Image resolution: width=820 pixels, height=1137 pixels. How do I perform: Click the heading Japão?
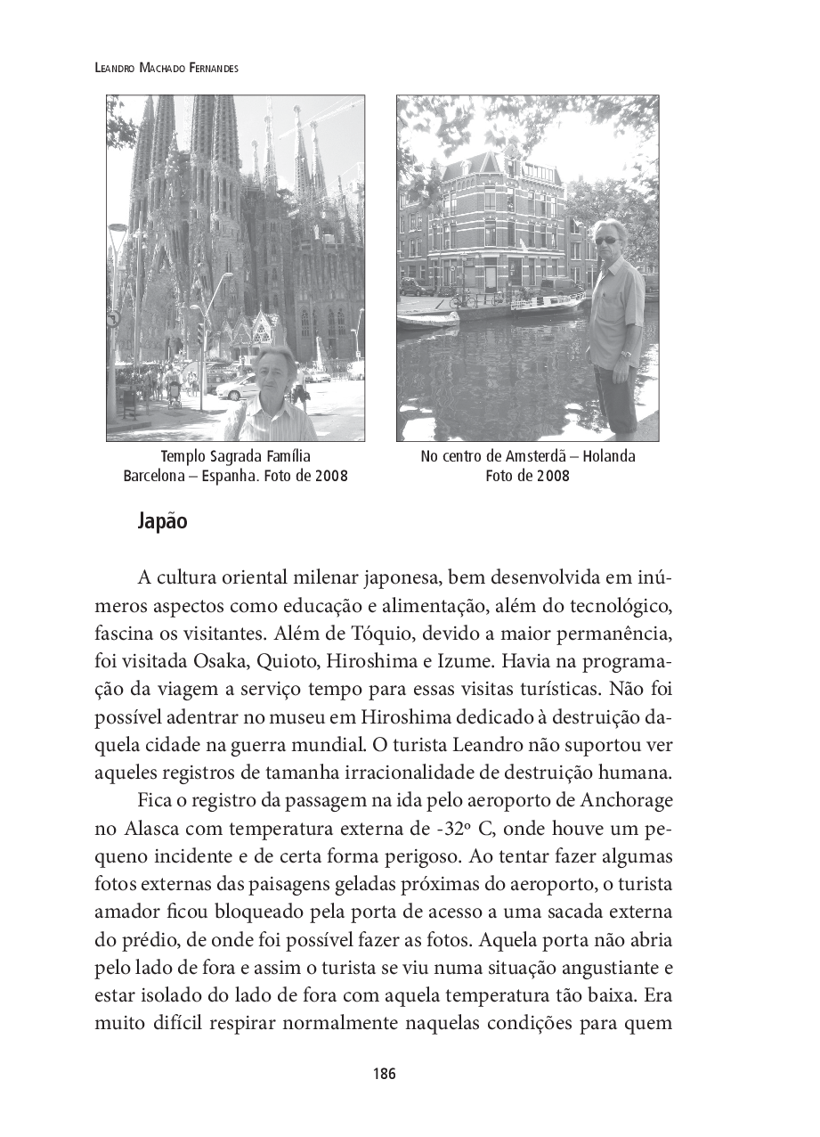pos(163,521)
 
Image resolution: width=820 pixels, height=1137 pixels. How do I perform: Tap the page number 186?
pos(385,1073)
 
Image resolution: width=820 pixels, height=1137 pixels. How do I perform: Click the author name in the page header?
pos(166,69)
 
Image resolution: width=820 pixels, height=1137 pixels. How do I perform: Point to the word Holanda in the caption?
pos(610,456)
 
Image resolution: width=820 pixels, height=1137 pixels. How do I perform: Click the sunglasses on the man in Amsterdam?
pos(606,240)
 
